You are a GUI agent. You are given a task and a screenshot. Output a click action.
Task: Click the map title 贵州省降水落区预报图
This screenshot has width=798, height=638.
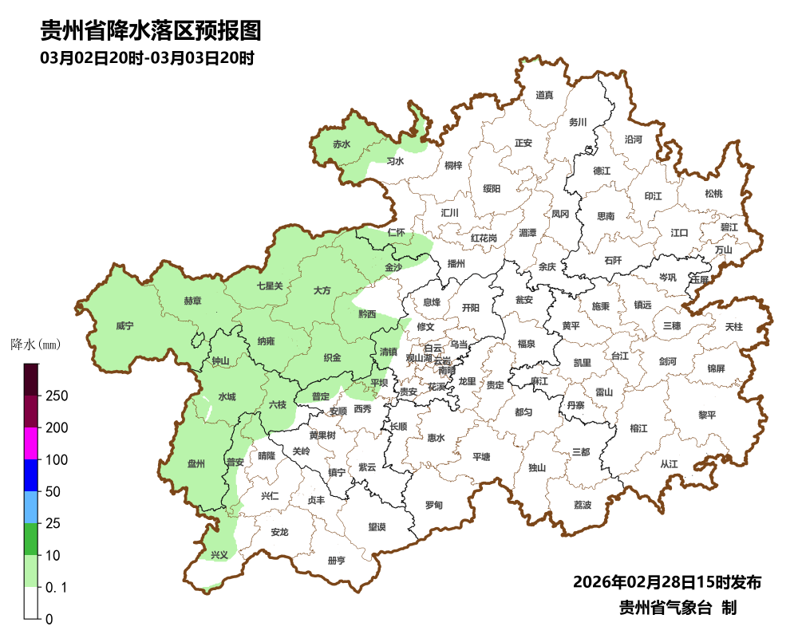151,31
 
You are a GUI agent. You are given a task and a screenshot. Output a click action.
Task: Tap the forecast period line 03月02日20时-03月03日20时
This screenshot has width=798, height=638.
147,58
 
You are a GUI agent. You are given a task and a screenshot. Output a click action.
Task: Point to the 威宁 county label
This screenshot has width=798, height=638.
124,326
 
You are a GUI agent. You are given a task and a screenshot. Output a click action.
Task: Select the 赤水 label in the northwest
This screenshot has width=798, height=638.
342,144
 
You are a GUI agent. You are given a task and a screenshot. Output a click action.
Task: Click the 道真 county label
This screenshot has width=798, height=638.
544,96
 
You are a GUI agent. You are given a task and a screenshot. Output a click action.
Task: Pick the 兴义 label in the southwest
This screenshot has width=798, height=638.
219,554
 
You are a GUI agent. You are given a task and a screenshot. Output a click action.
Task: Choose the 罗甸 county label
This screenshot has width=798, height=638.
433,506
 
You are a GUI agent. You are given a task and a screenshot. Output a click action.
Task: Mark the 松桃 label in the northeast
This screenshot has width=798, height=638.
713,194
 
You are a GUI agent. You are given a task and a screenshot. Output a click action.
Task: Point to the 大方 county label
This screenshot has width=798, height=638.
322,291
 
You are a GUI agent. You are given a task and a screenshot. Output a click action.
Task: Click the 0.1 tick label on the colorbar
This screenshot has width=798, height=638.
56,588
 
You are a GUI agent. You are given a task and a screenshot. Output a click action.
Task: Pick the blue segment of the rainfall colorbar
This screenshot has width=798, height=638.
31,475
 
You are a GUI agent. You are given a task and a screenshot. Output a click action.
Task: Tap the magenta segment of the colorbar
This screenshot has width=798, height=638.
31,443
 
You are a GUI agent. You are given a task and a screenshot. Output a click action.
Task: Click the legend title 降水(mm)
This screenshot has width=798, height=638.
36,345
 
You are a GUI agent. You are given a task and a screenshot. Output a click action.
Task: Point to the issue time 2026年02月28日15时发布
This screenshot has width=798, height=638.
666,582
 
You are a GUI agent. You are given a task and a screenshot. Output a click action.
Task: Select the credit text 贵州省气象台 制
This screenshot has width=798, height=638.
678,608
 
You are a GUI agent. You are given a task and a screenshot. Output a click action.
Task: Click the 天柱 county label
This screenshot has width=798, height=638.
733,327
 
